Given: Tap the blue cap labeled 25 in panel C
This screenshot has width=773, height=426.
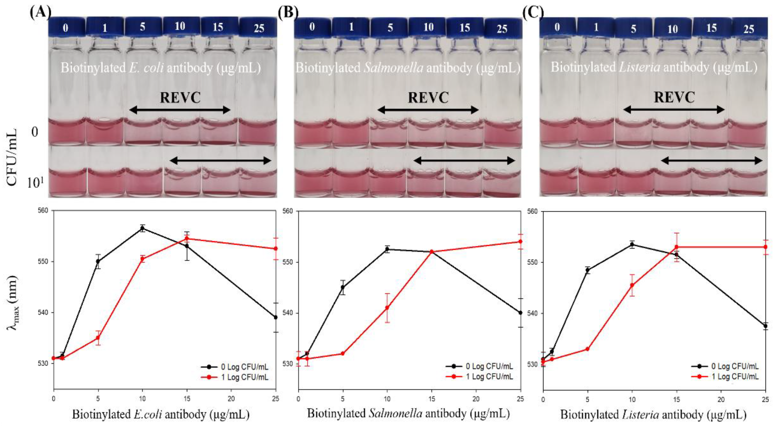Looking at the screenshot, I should pyautogui.click(x=749, y=29).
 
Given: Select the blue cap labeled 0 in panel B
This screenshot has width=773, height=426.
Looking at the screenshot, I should pyautogui.click(x=312, y=27).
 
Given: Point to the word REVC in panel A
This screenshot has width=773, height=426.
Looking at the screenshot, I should pyautogui.click(x=180, y=98).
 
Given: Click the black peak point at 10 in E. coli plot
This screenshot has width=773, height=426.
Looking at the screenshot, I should pyautogui.click(x=142, y=228).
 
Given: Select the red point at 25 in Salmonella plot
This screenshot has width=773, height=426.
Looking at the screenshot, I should pyautogui.click(x=520, y=241).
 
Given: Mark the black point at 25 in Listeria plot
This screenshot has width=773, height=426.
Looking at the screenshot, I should pyautogui.click(x=766, y=326).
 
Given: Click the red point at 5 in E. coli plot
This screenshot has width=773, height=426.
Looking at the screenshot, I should pyautogui.click(x=98, y=338).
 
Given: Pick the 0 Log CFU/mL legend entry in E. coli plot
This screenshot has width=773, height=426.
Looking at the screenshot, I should pyautogui.click(x=240, y=367).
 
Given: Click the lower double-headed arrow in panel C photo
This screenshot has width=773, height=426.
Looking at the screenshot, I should pyautogui.click(x=712, y=161).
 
